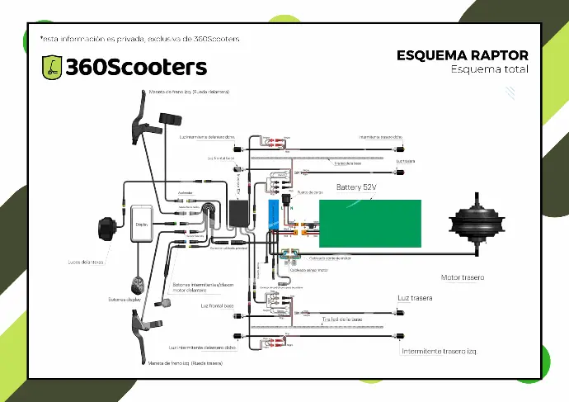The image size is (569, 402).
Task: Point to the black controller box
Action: pos(242,215)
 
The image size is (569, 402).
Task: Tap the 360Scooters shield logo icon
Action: pos(52,67)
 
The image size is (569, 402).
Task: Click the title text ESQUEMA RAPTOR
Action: pos(463,55)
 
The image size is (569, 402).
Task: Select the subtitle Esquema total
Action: pos(489,70)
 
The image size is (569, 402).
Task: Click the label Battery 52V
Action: pos(356,187)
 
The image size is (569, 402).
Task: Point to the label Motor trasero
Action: pos(463,277)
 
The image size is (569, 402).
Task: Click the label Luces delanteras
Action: pos(86,262)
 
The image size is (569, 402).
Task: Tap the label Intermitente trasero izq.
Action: pos(440,351)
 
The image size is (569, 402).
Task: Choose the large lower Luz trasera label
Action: pos(415,297)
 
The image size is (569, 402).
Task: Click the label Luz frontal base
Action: pos(217,306)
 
